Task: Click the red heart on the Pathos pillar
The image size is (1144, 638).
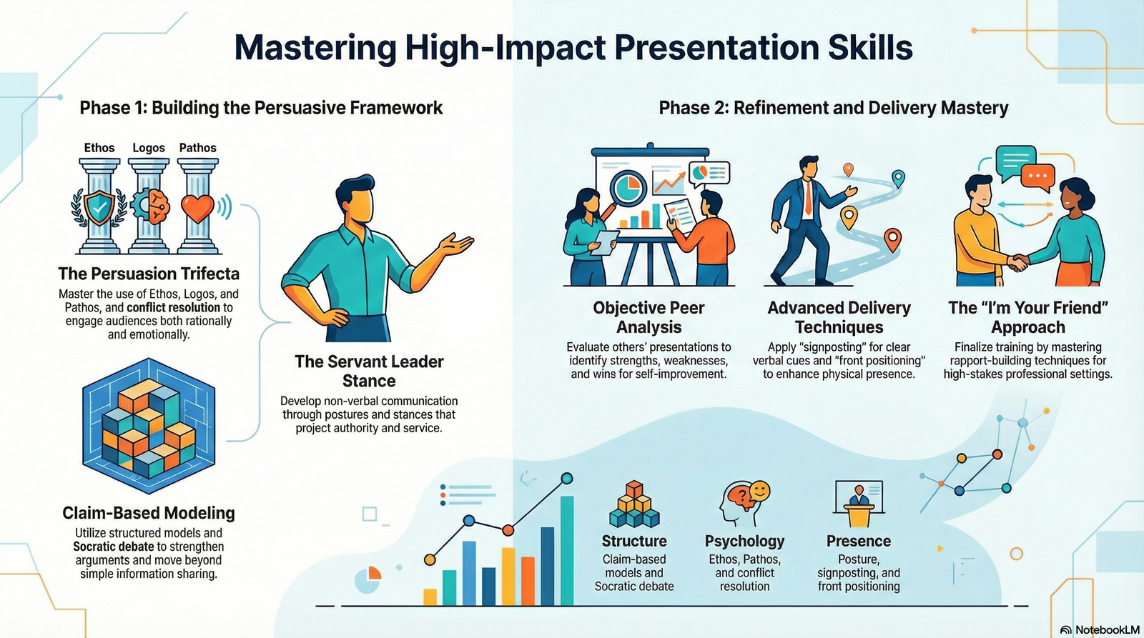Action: (x=197, y=208)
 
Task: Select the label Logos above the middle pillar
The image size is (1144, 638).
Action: (x=149, y=148)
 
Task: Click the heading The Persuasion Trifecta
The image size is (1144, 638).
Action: (x=149, y=274)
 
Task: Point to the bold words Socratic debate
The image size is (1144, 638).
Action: (x=114, y=547)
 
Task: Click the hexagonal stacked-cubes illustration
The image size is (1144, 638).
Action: (x=149, y=427)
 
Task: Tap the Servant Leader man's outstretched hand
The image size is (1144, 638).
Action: (x=457, y=243)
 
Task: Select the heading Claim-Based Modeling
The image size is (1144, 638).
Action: (x=149, y=513)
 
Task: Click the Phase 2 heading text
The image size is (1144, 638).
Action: (x=834, y=108)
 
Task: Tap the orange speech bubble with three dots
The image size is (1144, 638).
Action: (x=1037, y=176)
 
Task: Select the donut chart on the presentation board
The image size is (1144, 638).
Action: (x=628, y=187)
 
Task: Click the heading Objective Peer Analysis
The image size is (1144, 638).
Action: (x=649, y=317)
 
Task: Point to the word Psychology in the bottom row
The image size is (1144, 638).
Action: (x=744, y=541)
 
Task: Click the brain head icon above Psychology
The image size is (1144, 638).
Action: (x=744, y=503)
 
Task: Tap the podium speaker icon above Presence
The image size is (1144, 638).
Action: (x=859, y=504)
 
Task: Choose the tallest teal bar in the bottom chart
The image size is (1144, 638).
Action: (x=567, y=550)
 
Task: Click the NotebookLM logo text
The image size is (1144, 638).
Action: (x=1108, y=630)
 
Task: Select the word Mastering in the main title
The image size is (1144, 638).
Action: (x=315, y=47)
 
